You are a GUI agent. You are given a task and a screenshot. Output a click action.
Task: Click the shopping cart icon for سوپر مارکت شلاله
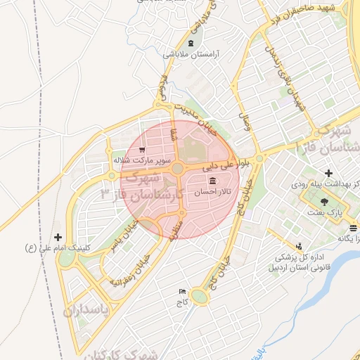[x=142, y=150]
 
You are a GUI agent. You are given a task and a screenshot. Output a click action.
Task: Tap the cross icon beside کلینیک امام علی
[x=58, y=238]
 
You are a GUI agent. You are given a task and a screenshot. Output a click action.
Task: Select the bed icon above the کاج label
[x=183, y=291]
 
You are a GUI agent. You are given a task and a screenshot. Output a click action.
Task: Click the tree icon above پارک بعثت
[x=323, y=202]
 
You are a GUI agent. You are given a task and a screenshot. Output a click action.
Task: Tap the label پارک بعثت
[x=324, y=212]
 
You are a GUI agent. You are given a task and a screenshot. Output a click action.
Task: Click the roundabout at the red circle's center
[x=178, y=169]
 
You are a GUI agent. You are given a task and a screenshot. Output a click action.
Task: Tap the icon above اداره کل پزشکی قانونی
[x=300, y=246]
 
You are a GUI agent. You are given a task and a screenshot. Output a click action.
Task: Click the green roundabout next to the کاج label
[x=200, y=298]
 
